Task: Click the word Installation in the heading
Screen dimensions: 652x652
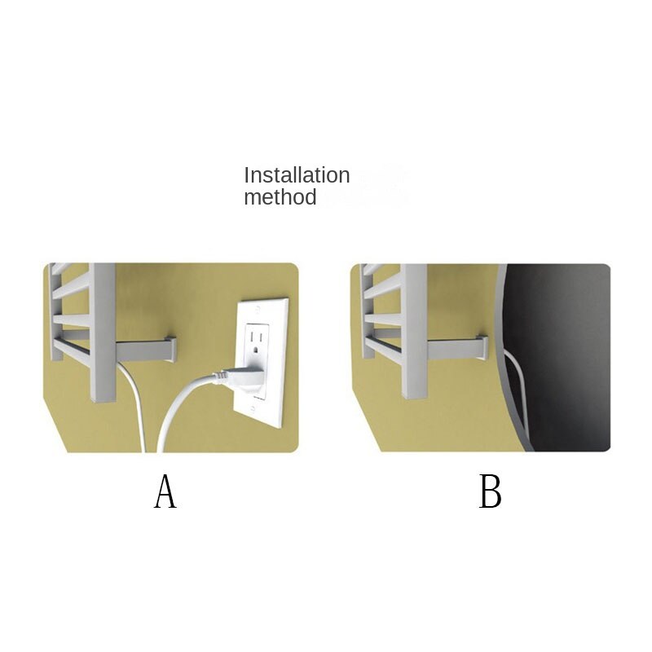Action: (x=297, y=175)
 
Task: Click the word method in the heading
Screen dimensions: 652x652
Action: (x=280, y=197)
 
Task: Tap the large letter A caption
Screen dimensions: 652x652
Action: (x=165, y=491)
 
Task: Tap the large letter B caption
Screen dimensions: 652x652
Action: (x=491, y=491)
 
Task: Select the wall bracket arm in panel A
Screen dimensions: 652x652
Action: (x=146, y=350)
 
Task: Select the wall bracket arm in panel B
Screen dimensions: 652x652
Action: (x=457, y=349)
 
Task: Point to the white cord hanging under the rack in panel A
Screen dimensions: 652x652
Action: (x=134, y=403)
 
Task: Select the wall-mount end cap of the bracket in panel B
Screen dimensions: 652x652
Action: (x=483, y=347)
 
